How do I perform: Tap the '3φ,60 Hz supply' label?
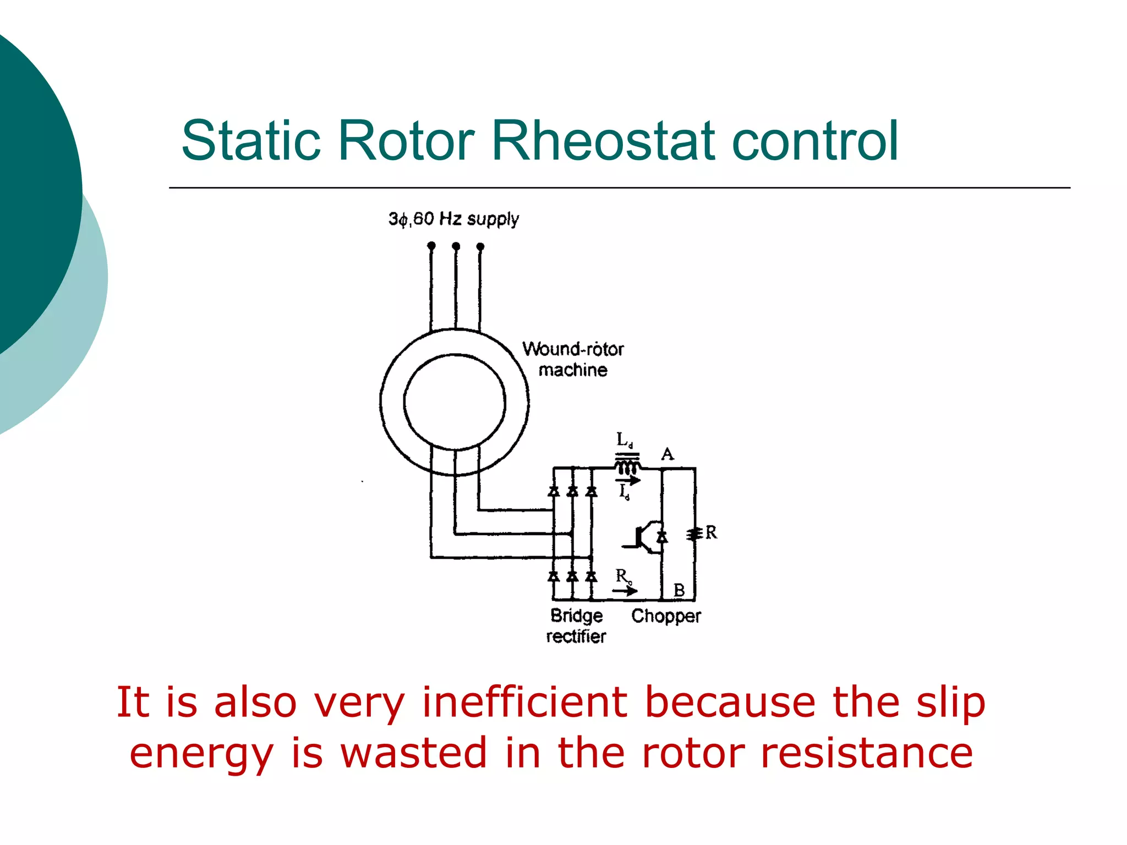tap(453, 219)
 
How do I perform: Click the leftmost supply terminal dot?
tap(431, 245)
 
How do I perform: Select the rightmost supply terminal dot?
tap(480, 246)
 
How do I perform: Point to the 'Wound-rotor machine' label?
tap(572, 359)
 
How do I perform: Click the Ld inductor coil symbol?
tap(627, 467)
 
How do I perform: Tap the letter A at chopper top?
tap(668, 454)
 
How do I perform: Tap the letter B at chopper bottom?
tap(679, 590)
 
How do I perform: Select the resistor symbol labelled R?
tap(694, 534)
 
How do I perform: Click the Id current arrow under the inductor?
tap(628, 481)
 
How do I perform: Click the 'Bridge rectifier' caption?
tap(576, 625)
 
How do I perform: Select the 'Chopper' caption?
tap(666, 616)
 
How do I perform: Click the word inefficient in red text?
tap(524, 703)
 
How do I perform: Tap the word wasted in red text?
tap(413, 753)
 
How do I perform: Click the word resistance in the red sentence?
tap(866, 753)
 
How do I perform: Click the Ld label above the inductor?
tap(624, 440)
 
